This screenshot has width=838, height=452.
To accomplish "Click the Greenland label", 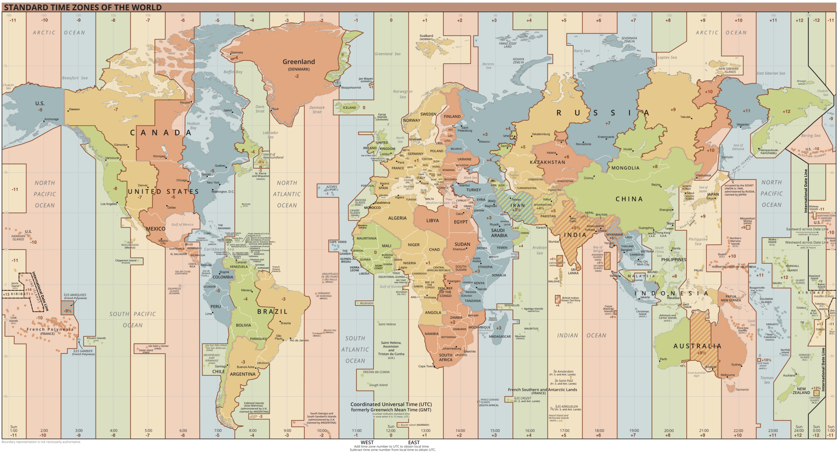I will [299, 62].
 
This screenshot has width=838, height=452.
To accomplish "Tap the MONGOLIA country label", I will [625, 168].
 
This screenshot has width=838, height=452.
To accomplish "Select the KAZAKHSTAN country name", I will [547, 162].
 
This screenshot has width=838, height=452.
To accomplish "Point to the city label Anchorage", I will [51, 119].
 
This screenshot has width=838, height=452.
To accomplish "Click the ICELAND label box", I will [349, 108].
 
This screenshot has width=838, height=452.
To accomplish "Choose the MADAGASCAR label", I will [500, 337].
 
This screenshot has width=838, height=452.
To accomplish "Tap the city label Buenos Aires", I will [246, 367].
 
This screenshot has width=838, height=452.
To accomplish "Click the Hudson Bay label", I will [193, 126].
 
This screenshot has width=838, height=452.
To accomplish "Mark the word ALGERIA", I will [397, 218].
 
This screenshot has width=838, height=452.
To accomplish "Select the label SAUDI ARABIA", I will [499, 233].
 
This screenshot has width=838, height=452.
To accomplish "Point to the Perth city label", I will [663, 359].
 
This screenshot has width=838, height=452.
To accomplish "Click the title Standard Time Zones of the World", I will [83, 7].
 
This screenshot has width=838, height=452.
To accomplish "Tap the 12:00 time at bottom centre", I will [391, 431].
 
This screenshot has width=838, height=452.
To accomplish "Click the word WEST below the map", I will [367, 443].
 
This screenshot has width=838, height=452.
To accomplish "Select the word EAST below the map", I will [414, 443].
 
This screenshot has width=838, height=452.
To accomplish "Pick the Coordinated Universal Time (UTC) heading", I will [391, 405].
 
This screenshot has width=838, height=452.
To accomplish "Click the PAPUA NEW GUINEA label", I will [731, 298].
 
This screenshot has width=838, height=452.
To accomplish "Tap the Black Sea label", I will [470, 178].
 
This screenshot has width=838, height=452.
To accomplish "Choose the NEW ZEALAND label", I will [801, 391].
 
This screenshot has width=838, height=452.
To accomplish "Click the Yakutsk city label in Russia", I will [685, 117].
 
